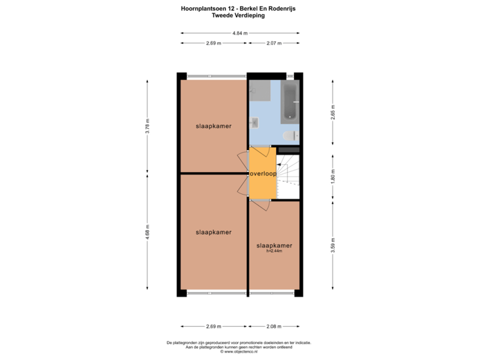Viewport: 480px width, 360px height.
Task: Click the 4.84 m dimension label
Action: coord(240,33)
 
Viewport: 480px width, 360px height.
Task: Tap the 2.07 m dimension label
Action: coord(274,43)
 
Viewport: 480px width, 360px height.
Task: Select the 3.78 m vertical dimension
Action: coord(147,126)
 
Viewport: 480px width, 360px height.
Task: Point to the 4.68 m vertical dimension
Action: coord(147,232)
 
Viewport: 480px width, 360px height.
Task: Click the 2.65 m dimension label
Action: coord(333,113)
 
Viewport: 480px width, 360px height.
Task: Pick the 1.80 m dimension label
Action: coord(333,177)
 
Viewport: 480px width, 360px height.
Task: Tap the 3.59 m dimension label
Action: coord(333,245)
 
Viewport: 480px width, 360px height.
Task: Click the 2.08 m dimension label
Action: coord(274,326)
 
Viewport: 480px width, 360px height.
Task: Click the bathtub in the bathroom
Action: coord(289,101)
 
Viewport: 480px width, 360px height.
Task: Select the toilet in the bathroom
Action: coord(291,135)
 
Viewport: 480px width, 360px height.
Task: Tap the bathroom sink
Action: coord(254,123)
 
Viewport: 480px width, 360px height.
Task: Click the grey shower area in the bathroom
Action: coord(260,91)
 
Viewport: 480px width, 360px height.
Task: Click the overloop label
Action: coord(263,174)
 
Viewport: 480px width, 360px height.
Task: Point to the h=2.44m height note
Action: coord(274,251)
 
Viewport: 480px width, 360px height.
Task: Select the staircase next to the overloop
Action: coord(288,177)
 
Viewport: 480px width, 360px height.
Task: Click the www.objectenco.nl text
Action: coord(239,352)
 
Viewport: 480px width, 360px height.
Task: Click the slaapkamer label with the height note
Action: coord(274,245)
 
